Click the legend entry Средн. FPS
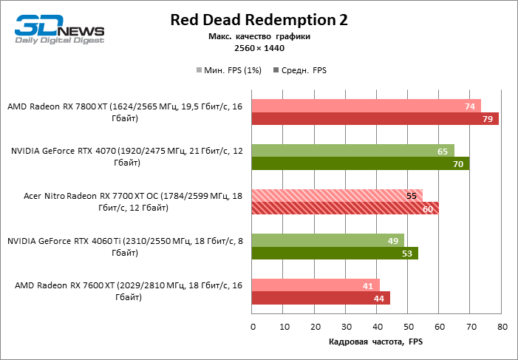pyautogui.click(x=300, y=71)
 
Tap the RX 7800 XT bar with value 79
pyautogui.click(x=375, y=119)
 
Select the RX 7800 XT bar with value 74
pyautogui.click(x=367, y=106)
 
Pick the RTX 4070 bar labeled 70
pyautogui.click(x=361, y=164)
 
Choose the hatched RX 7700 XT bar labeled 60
pyautogui.click(x=345, y=208)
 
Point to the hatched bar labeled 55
pyautogui.click(x=337, y=196)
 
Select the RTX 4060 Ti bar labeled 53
pyautogui.click(x=335, y=254)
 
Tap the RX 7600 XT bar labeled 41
pyautogui.click(x=316, y=285)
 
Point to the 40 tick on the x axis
pyautogui.click(x=377, y=327)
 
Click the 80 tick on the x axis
pyautogui.click(x=502, y=327)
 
